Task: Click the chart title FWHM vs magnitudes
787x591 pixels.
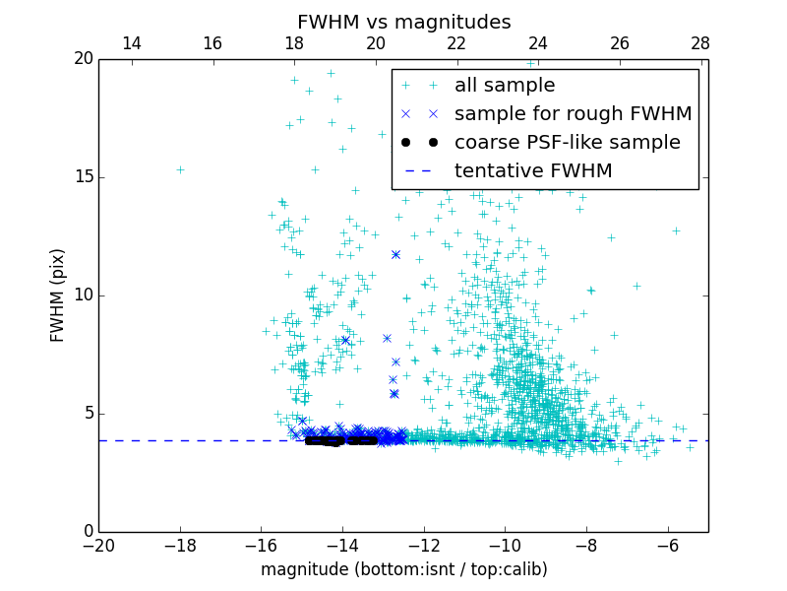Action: coord(403,22)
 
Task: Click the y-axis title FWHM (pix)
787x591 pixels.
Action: coord(58,295)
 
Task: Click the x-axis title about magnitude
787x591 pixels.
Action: coord(403,569)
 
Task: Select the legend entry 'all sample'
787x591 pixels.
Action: coord(504,86)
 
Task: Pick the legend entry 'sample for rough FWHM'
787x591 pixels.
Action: coord(573,114)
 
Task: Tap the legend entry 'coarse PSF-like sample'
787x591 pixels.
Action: coord(567,143)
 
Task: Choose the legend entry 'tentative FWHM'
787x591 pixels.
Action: coord(532,171)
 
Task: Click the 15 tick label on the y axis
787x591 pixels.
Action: coord(83,177)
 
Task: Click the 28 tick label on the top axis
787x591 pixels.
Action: coord(700,43)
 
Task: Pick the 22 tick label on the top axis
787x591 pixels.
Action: coord(456,43)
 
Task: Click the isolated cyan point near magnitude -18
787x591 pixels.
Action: coord(180,169)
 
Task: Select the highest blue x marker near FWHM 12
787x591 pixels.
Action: coord(395,254)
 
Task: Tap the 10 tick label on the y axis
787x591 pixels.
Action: coord(83,295)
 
